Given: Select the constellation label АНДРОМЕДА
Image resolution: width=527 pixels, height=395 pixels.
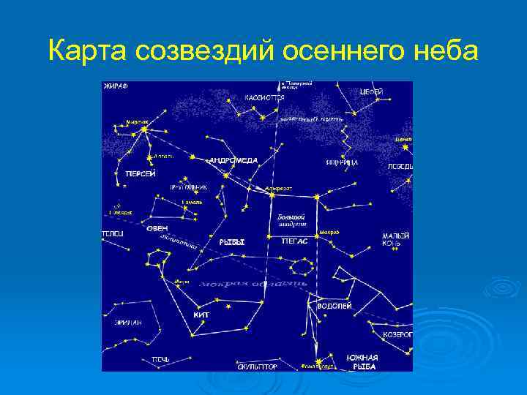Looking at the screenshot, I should pyautogui.click(x=233, y=159).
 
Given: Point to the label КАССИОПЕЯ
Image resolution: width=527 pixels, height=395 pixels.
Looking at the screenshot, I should pyautogui.click(x=264, y=96).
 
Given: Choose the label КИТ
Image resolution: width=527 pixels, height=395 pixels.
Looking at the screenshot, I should pyautogui.click(x=201, y=315).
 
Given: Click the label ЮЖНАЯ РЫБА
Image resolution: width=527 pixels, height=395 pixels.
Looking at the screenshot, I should pyautogui.click(x=362, y=361).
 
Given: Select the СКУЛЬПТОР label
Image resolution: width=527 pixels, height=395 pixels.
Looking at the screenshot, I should pyautogui.click(x=257, y=366).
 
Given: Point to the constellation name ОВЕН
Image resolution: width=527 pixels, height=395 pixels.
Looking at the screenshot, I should pyautogui.click(x=157, y=228).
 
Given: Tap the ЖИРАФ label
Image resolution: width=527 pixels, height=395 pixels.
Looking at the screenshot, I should pyautogui.click(x=116, y=86).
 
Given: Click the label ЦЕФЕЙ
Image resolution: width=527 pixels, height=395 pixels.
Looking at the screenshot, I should pyautogui.click(x=371, y=91).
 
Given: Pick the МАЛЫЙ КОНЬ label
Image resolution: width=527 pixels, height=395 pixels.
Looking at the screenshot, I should pyautogui.click(x=392, y=240).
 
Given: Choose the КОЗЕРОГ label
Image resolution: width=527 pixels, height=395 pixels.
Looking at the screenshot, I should pyautogui.click(x=397, y=334).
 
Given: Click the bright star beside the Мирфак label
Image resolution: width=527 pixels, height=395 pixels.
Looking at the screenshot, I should pyautogui.click(x=144, y=129).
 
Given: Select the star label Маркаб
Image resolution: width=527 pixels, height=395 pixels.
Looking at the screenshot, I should pyautogui.click(x=329, y=232).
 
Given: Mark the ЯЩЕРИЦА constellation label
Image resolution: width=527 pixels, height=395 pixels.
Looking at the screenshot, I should pyautogui.click(x=342, y=162).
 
